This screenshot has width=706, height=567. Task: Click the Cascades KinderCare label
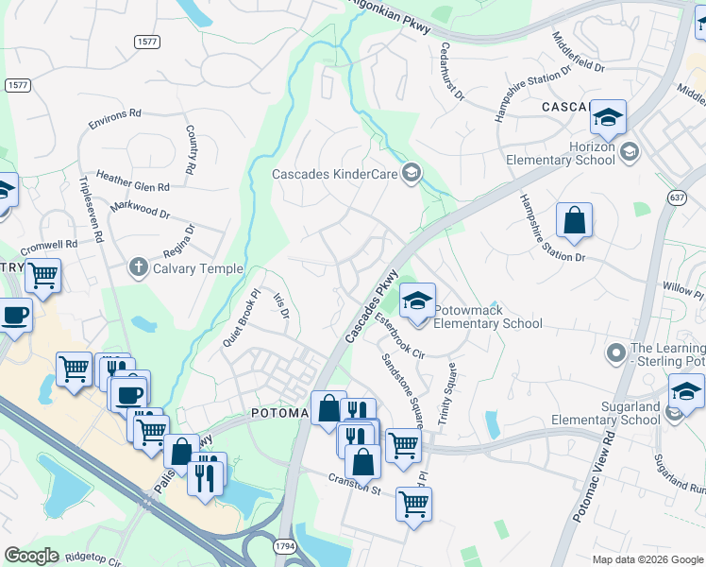pos(334,174)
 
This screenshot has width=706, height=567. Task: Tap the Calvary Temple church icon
pos(139,268)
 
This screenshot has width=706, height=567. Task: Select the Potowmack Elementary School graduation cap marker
pos(416,301)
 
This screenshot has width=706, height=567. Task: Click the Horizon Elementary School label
pos(565,153)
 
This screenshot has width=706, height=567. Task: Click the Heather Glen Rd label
pos(132,186)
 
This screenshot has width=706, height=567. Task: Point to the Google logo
pos(32,555)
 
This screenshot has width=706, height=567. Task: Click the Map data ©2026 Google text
pos(647,559)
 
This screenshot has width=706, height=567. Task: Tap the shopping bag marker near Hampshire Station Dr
pos(574,223)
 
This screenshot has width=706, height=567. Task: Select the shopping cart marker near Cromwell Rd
pos(42,276)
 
